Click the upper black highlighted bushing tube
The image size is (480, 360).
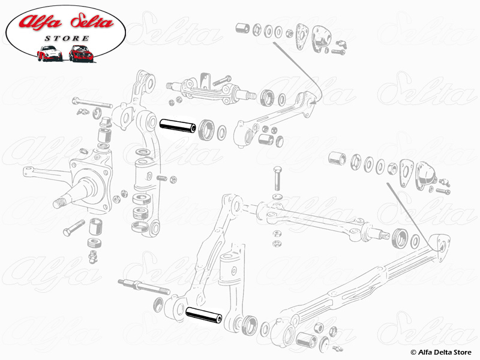click(x=178, y=127)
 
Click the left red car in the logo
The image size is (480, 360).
click(x=49, y=53)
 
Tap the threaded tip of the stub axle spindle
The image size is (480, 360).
click(x=58, y=202)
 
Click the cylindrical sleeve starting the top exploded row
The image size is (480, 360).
click(x=242, y=28)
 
